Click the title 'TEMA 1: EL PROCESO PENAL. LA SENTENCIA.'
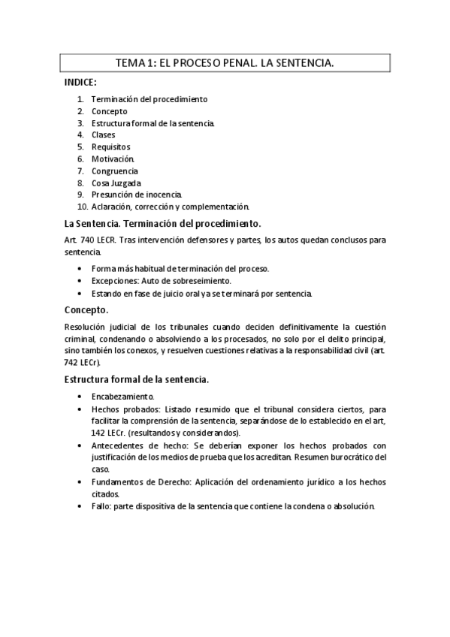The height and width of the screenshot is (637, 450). point(225,65)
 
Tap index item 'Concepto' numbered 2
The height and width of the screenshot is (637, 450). point(109,111)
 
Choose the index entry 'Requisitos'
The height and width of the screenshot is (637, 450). point(110,147)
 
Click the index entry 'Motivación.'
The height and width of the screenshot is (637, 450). point(113,159)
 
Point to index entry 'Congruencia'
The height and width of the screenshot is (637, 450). point(114,171)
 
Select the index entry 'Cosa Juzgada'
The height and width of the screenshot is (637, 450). point(116,183)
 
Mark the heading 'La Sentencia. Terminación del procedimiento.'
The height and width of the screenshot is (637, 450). point(163,224)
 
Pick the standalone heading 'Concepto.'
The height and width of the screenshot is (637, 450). point(86,309)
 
